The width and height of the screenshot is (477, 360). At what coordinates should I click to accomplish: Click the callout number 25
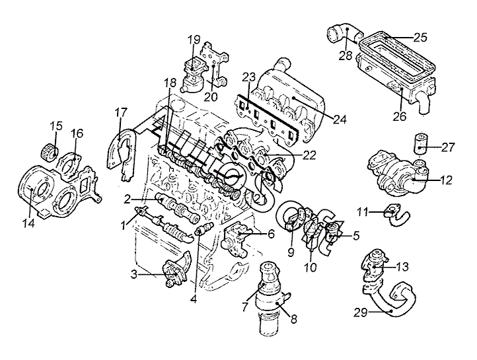421,38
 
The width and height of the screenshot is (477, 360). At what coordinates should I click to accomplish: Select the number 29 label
361,312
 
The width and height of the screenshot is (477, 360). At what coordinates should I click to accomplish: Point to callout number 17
121,112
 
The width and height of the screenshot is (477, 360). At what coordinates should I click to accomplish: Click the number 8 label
294,319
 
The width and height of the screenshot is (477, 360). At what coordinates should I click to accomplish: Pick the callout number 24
340,120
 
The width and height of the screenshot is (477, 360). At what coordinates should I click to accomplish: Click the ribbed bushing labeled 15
50,150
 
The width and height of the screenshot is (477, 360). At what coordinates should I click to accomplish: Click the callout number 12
446,180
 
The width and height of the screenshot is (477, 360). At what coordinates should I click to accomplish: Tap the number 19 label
194,40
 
